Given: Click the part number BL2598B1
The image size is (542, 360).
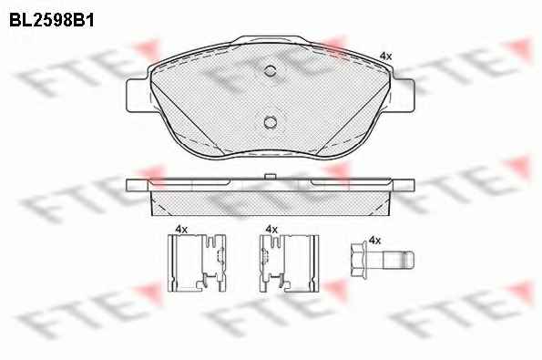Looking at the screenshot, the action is click(52, 21).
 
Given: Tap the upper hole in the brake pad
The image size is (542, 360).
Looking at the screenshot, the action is click(270, 71).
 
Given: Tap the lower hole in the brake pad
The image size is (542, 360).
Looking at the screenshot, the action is click(270, 122).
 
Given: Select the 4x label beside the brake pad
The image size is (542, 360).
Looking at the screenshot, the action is click(385, 56).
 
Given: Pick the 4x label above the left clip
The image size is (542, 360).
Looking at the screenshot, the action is click(181, 229).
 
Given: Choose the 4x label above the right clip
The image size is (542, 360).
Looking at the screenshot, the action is click(271, 229).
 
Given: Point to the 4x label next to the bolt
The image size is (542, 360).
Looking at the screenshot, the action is click(375, 240).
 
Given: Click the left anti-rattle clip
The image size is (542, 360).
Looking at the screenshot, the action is click(197, 262).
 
